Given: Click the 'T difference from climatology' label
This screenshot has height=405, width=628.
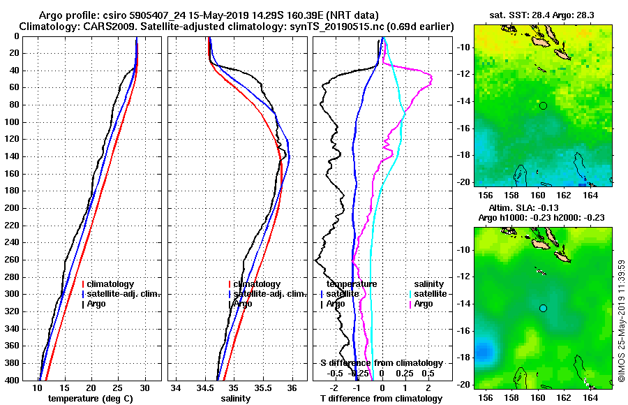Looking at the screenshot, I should (381, 399).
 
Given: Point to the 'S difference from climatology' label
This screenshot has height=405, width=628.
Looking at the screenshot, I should (381, 363).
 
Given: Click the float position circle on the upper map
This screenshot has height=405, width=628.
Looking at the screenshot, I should (543, 105).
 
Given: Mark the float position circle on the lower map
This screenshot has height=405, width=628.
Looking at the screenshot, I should (543, 308).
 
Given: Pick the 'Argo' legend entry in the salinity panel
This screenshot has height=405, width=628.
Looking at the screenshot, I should (242, 304).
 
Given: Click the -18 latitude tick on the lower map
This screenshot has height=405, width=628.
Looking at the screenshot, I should (465, 358).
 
